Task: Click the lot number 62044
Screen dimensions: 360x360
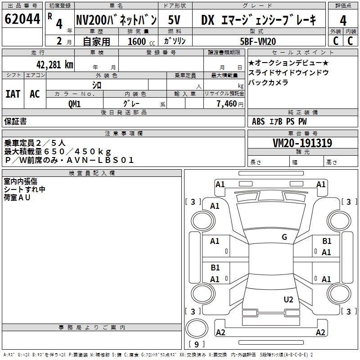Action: point(22,20)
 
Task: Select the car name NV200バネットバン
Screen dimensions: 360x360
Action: point(116,20)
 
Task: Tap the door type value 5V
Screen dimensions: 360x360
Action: point(175,20)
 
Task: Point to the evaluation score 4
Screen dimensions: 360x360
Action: point(343,21)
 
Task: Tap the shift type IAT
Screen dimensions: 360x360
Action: point(13,94)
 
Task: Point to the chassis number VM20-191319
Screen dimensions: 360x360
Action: point(302,144)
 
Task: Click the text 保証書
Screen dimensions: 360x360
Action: point(15,121)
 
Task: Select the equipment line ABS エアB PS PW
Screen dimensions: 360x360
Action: point(279,121)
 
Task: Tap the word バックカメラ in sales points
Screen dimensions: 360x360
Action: point(268,82)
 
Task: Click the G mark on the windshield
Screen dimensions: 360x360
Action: point(284,237)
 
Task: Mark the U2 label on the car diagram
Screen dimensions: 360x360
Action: point(288,300)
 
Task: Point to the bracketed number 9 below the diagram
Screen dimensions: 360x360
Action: point(197,345)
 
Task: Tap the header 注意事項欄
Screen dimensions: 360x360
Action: point(124,134)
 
